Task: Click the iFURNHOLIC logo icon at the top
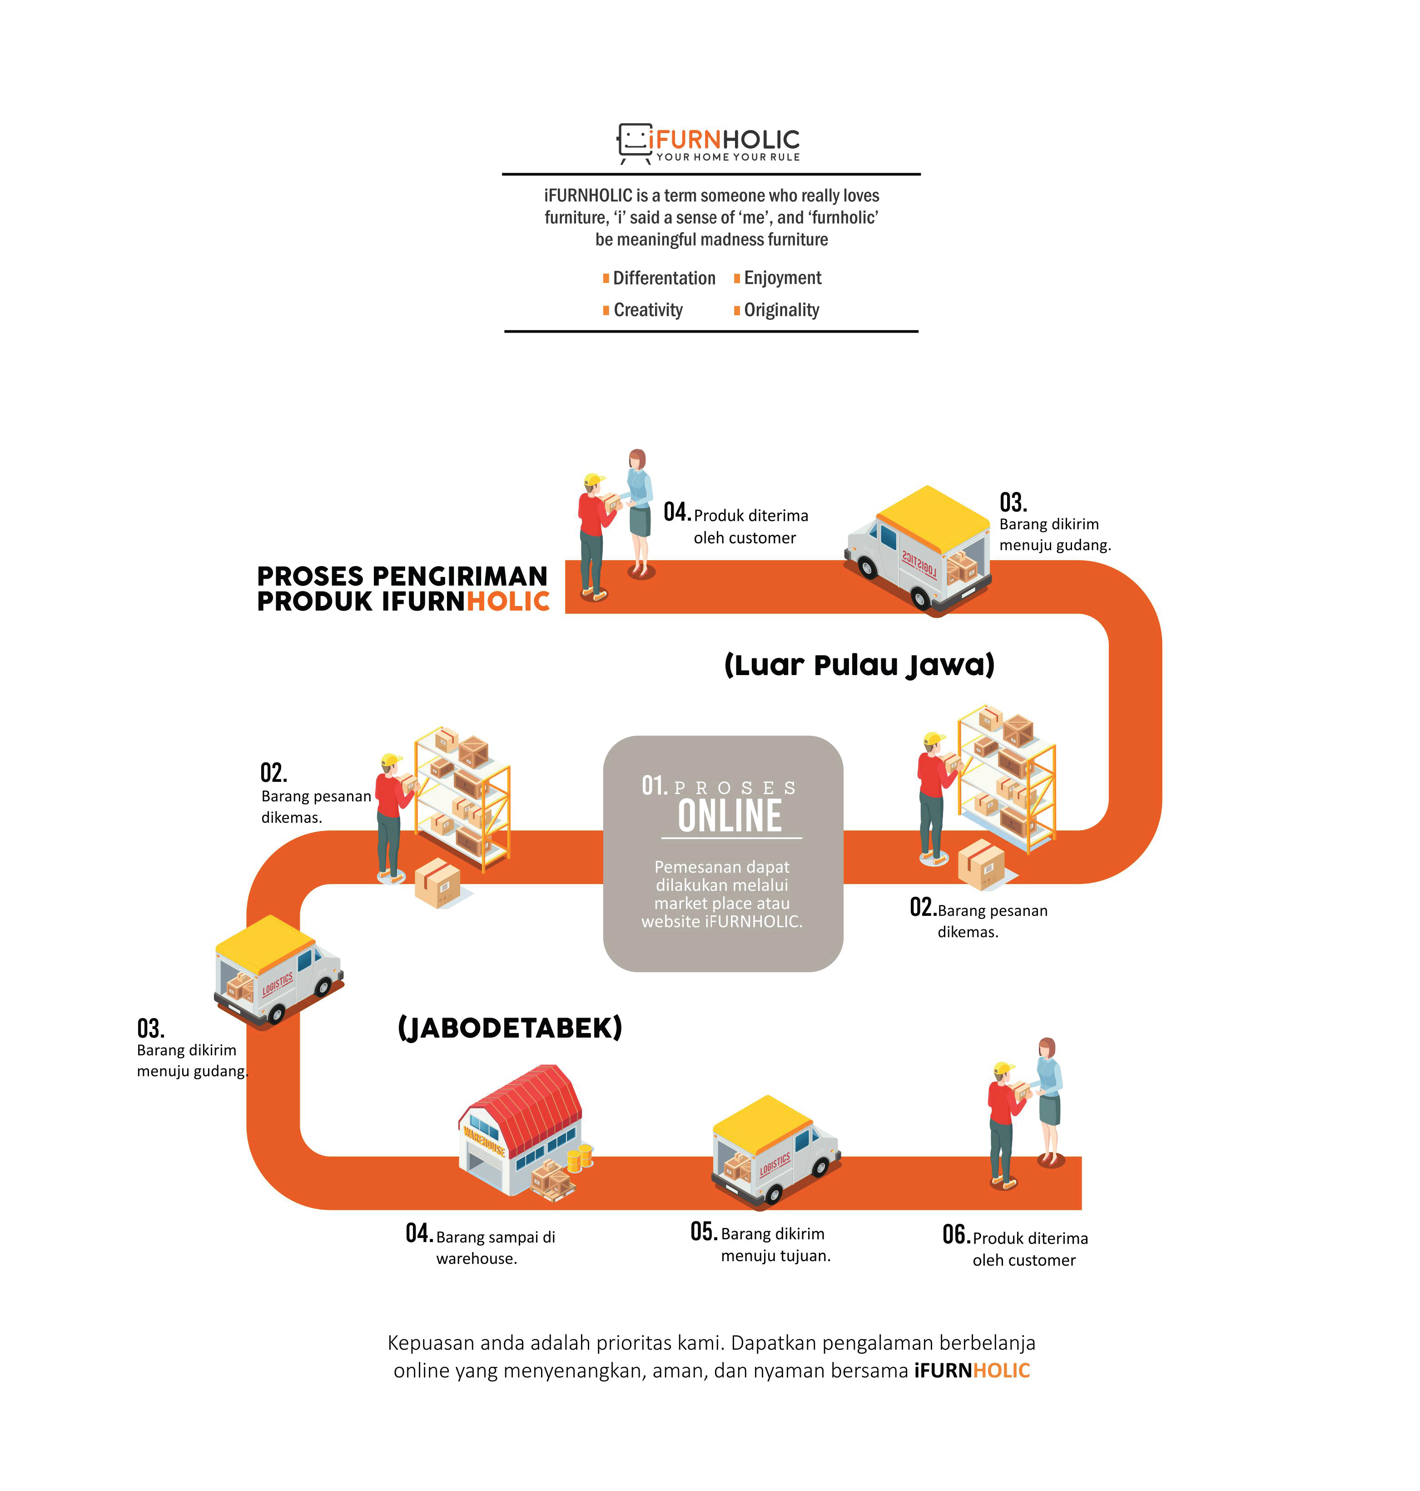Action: point(634,142)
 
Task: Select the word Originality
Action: point(781,310)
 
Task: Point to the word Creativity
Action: point(648,310)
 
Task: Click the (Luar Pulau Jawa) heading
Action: point(859,665)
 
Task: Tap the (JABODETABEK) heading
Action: point(510,1028)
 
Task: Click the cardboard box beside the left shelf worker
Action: point(438,883)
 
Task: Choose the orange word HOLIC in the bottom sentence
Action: point(1001,1371)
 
